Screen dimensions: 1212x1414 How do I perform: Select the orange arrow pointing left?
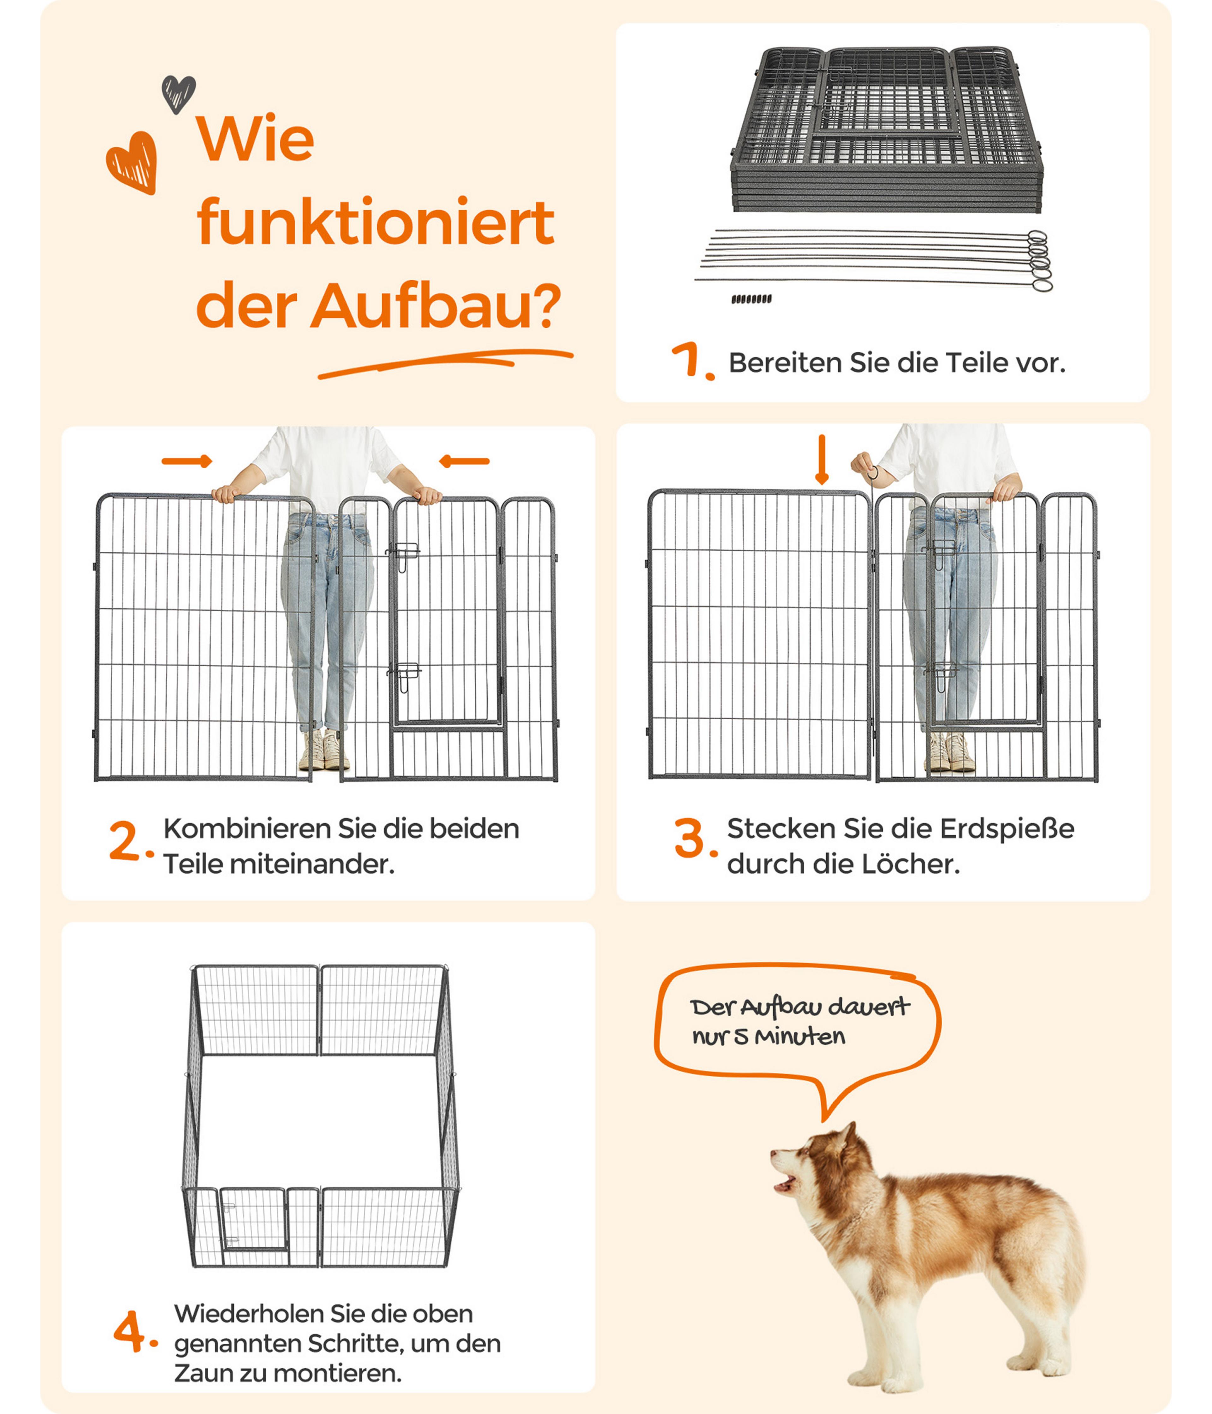point(464,461)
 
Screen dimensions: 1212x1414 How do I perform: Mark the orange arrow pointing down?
point(822,459)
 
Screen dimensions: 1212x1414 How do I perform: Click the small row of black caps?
point(752,299)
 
